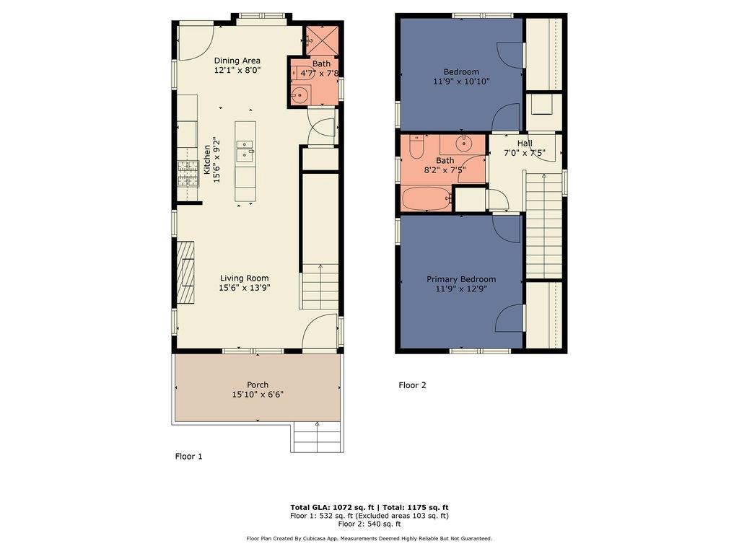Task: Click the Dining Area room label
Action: [237, 61]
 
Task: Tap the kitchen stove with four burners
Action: [188, 174]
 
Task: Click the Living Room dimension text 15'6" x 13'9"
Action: [244, 288]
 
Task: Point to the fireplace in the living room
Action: [185, 273]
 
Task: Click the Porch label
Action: [257, 384]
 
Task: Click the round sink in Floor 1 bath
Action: [300, 94]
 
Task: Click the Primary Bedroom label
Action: [461, 279]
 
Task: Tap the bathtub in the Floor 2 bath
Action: [426, 198]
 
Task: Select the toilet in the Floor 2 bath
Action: [416, 147]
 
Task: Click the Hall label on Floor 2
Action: [525, 144]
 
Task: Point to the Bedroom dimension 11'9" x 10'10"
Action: [461, 82]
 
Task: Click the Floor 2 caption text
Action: [412, 385]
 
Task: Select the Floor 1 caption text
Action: [189, 456]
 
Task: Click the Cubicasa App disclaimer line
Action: [369, 538]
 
